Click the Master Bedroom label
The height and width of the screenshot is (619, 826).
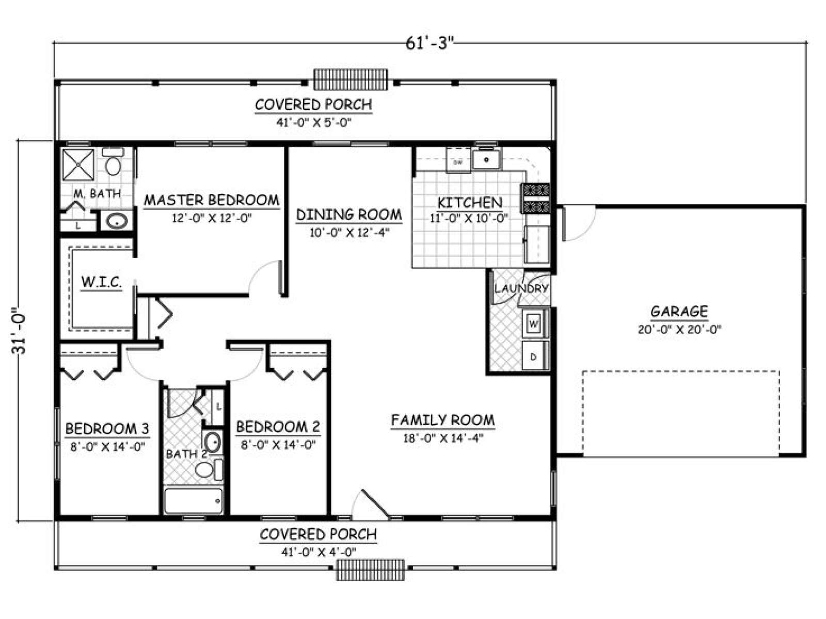tap(212, 200)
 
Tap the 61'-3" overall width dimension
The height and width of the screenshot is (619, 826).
tap(430, 44)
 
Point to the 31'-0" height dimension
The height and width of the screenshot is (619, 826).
tap(19, 331)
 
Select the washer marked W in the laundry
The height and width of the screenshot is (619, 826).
tap(534, 323)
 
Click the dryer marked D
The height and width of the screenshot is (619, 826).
tap(534, 356)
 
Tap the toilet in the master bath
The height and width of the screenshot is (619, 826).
tap(113, 162)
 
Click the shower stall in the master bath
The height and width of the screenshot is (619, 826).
tap(78, 165)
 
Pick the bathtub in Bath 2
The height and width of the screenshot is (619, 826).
tap(194, 500)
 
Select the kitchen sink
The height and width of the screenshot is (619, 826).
tap(487, 159)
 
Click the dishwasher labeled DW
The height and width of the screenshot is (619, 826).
tap(458, 160)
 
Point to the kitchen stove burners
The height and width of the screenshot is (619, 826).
tap(535, 198)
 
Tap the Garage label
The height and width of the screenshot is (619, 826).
tap(679, 311)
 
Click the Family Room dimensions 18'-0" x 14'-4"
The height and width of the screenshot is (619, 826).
tap(443, 438)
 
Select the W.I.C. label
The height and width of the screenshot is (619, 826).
tap(102, 282)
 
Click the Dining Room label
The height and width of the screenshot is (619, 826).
tap(349, 215)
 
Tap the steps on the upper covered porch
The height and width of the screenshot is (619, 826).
tap(351, 79)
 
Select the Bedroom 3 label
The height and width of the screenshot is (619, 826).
tap(107, 428)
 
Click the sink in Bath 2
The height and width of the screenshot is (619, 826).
tap(213, 442)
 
